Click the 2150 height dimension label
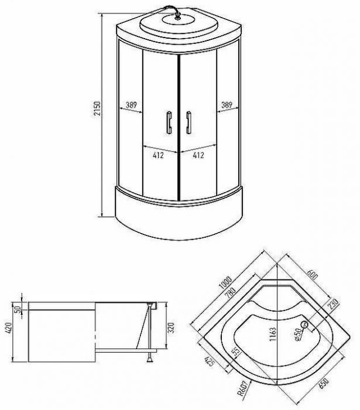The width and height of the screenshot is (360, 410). pyautogui.click(x=97, y=109)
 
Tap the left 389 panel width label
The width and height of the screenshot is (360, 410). pyautogui.click(x=131, y=105)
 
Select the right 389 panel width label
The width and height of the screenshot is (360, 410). pyautogui.click(x=227, y=105)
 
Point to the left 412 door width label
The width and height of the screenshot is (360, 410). pyautogui.click(x=158, y=155)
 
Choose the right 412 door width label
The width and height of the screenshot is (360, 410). pyautogui.click(x=198, y=155)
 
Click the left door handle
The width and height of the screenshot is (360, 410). pyautogui.click(x=169, y=122)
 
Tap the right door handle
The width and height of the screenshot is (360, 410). pyautogui.click(x=188, y=122)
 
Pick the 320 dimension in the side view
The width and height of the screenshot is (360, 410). pyautogui.click(x=170, y=327)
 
